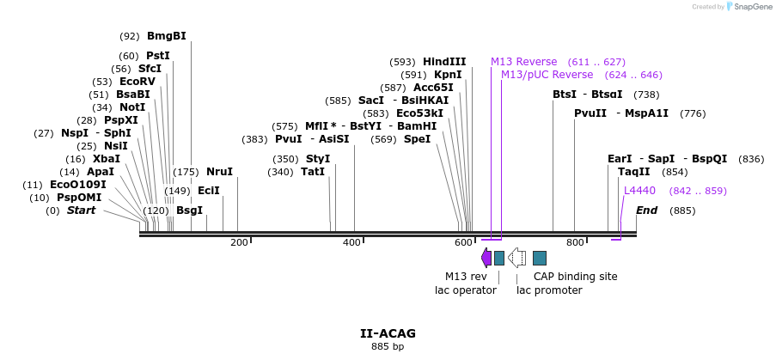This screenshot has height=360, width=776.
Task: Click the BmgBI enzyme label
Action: [x=167, y=36]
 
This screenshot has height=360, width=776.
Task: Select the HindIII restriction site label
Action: [x=444, y=62]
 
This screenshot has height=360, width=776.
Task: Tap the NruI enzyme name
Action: [x=219, y=172]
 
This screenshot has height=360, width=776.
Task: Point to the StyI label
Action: [x=318, y=159]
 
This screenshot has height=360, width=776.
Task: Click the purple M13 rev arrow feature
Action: [x=486, y=258]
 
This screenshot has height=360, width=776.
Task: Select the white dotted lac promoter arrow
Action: [x=517, y=258]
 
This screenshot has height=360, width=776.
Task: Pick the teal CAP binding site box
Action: [x=540, y=258]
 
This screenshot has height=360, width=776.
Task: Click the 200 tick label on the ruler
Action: [x=239, y=243]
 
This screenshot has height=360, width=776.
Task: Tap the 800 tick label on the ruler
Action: [x=575, y=243]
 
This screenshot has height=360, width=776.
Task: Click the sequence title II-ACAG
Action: [x=388, y=333]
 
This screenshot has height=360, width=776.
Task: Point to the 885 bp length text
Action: [x=388, y=346]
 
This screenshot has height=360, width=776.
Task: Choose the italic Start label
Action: [x=81, y=211]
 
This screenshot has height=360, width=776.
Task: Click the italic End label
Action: [x=647, y=211]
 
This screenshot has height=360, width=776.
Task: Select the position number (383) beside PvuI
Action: [x=256, y=139]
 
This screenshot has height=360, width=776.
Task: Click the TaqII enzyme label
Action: [x=634, y=172]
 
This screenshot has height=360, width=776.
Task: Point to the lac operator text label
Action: [x=466, y=290]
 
